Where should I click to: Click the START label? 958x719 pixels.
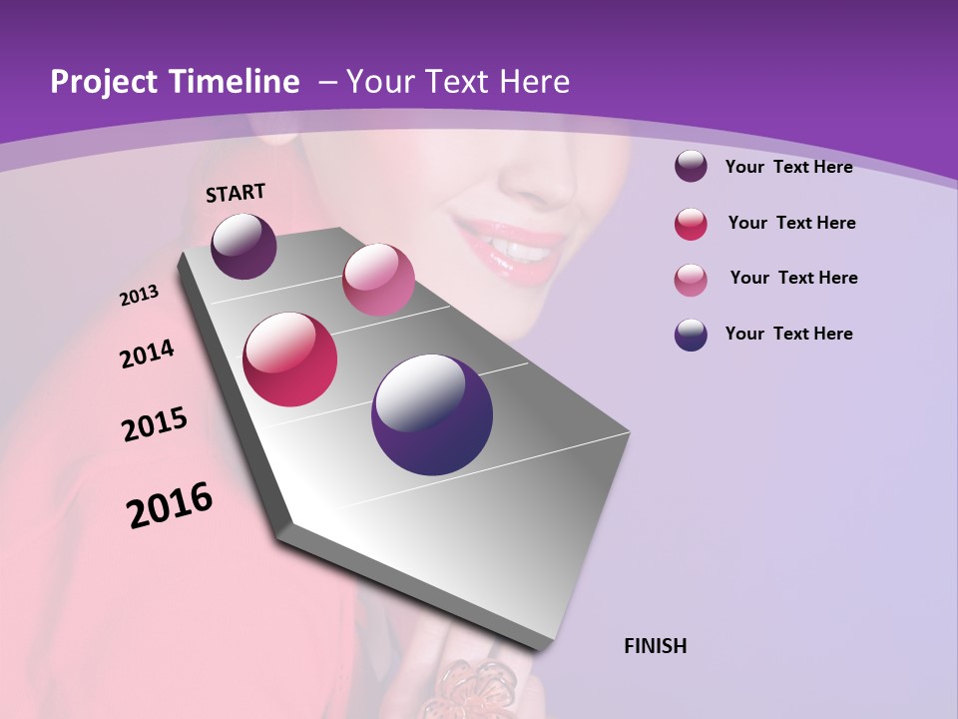(236, 193)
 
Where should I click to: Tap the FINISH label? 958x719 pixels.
(655, 646)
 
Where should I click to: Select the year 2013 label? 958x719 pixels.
(139, 296)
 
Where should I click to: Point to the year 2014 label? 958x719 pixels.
(147, 355)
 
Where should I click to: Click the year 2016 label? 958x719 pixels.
(170, 505)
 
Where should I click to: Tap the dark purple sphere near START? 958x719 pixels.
(243, 246)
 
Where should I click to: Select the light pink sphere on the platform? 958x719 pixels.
(378, 279)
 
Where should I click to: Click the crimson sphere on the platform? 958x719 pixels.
(290, 359)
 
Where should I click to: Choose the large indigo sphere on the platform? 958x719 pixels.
(432, 414)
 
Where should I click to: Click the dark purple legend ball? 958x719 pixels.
(691, 167)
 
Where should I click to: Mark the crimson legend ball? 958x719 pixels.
(691, 224)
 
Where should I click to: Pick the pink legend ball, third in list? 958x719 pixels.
(691, 280)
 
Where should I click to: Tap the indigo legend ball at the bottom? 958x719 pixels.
(691, 335)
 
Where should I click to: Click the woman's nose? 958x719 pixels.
(539, 180)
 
